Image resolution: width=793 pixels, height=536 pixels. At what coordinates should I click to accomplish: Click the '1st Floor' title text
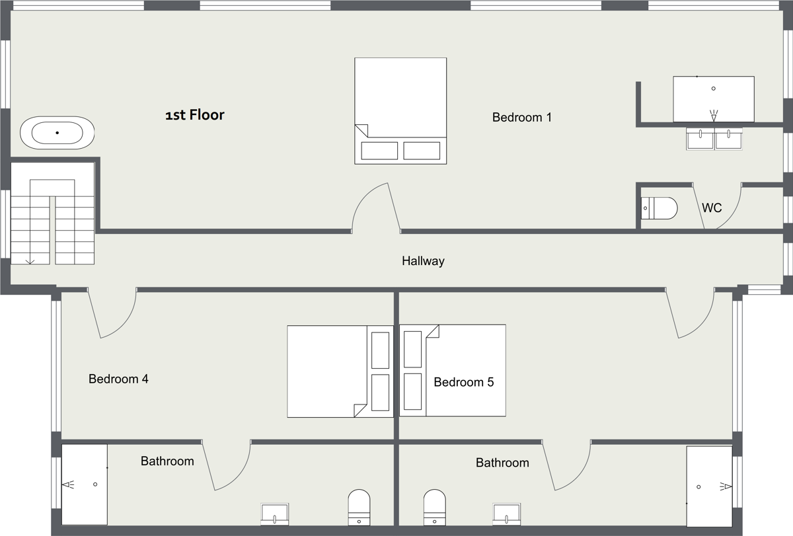(195, 115)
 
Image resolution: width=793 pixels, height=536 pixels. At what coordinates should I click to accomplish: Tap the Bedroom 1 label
(522, 117)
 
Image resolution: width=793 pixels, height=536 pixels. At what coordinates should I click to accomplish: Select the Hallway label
(423, 261)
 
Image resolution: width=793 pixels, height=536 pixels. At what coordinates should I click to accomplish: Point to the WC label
(712, 208)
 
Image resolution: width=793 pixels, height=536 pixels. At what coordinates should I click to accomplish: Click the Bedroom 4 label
(118, 379)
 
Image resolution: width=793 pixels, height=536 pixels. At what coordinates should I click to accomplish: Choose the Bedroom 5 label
(463, 382)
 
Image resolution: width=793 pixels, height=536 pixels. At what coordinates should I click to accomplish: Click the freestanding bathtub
(57, 133)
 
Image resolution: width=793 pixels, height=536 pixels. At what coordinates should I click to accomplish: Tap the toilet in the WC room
(660, 208)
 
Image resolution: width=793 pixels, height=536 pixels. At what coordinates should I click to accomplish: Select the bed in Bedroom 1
(400, 111)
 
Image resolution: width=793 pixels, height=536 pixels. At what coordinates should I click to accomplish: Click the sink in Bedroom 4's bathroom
(275, 514)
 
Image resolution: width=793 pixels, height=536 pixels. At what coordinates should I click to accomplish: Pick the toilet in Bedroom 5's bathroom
(434, 508)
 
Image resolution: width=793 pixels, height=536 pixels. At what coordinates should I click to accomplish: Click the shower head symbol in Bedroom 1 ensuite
(714, 115)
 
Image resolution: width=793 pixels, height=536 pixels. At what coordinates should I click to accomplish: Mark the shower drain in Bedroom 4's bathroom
(95, 484)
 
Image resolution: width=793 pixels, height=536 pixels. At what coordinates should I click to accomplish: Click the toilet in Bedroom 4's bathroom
(359, 508)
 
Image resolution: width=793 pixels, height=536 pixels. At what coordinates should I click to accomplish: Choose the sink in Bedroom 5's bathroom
(507, 514)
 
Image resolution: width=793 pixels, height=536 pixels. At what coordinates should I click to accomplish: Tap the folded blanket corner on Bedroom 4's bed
(360, 410)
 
